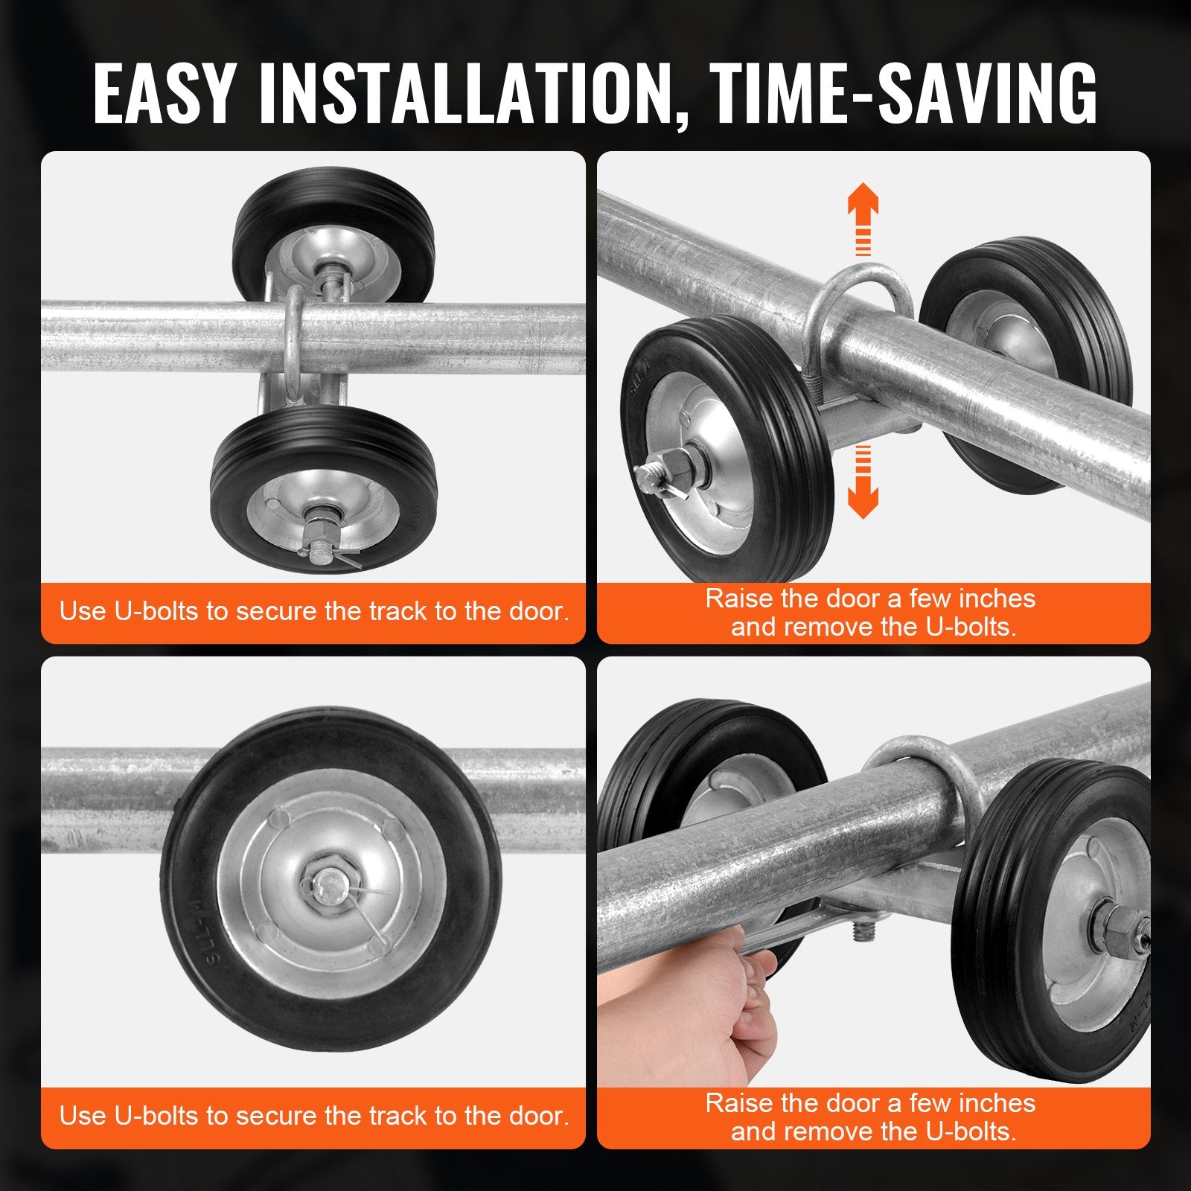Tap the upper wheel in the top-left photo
[333, 231]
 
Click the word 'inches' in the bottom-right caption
[997, 1103]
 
